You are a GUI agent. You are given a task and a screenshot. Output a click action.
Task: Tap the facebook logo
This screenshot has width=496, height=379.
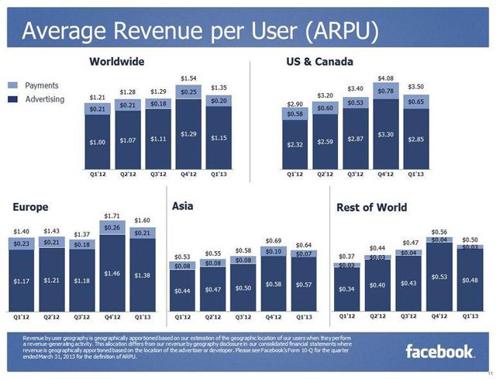point(439,352)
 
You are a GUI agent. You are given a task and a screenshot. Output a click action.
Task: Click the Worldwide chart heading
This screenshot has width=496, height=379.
point(117,60)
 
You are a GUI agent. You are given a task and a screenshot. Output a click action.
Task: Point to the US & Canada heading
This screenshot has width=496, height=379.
point(319,60)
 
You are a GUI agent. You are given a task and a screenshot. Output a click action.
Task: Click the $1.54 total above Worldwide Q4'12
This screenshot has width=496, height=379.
point(188,78)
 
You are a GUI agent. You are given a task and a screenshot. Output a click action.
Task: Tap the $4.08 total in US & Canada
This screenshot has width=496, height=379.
point(385,78)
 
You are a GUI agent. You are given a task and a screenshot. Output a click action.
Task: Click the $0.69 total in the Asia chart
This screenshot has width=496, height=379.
point(274,241)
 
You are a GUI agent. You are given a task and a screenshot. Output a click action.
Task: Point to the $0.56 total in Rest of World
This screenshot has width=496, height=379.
point(439,232)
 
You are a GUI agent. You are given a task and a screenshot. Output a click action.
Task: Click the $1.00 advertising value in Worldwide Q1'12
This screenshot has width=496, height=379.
point(98,142)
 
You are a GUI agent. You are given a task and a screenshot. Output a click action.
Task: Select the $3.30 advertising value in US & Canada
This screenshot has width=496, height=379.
point(385,135)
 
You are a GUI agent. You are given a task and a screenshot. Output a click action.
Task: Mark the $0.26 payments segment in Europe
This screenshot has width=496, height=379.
point(112,227)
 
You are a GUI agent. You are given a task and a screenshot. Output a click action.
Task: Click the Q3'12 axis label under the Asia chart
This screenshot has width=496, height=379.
point(243,316)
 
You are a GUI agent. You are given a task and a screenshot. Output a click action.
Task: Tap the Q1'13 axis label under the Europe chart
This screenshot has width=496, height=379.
point(143,316)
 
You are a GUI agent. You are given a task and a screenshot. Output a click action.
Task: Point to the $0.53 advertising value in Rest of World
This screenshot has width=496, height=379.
point(439,277)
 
